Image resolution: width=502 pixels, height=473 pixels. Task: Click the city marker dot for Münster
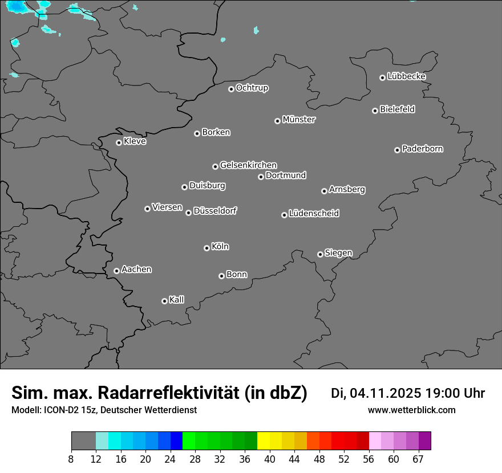[278, 121]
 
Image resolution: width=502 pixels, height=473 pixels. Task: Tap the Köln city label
[220, 247]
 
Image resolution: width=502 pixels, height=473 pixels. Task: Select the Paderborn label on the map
[423, 149]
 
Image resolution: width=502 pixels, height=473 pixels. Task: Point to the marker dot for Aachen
[117, 271]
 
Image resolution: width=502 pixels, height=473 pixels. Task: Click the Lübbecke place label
[406, 76]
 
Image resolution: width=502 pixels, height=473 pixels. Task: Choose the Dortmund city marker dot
[261, 177]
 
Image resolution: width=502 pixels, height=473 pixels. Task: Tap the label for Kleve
[135, 141]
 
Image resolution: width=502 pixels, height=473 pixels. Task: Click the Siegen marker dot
[320, 254]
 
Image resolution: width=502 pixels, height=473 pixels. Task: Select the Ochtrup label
[252, 88]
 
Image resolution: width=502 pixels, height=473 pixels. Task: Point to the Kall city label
[177, 300]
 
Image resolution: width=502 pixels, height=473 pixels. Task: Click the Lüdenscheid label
[314, 214]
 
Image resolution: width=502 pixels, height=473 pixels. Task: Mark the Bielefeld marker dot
[375, 111]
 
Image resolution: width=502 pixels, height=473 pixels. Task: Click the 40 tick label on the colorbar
[270, 459]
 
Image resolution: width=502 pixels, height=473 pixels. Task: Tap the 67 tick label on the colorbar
[418, 459]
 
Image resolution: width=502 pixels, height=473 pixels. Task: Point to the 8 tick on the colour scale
[71, 459]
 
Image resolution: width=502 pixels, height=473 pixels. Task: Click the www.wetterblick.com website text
[412, 410]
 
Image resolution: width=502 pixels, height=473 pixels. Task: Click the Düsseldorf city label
[215, 211]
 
